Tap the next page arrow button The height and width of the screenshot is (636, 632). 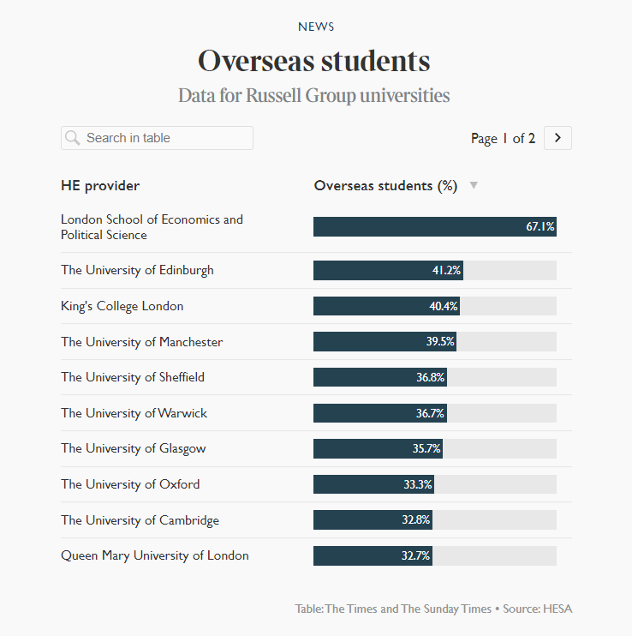coord(557,138)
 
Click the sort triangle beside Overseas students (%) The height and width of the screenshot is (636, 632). coord(474,186)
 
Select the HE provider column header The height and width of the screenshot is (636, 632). coord(100,186)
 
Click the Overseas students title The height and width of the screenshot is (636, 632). coord(314,62)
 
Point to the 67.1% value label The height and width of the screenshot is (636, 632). coord(540,227)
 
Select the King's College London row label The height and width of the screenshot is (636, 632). coord(122,306)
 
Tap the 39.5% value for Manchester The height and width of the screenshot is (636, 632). coord(440,342)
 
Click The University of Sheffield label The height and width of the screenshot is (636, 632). coord(133,377)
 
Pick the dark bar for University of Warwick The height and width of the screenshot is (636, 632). coord(368,413)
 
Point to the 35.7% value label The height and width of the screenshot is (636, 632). coord(426,448)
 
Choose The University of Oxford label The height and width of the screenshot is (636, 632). coord(130,484)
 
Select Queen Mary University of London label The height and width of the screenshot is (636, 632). coord(155,555)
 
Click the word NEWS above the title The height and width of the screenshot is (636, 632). coord(316,27)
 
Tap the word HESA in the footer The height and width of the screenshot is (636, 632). coord(557,609)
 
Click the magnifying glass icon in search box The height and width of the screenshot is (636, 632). coord(73,138)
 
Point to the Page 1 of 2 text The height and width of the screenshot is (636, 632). coord(503,139)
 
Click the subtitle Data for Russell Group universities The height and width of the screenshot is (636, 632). coord(314,95)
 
